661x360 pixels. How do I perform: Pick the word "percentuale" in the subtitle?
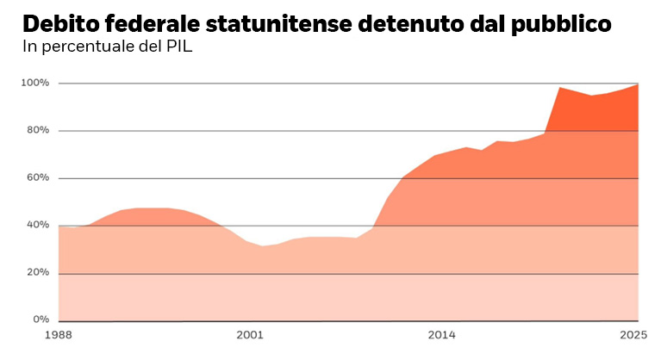pyautogui.click(x=90, y=47)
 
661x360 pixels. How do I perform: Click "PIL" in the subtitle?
pyautogui.click(x=178, y=46)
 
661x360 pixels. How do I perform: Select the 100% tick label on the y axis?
pyautogui.click(x=35, y=84)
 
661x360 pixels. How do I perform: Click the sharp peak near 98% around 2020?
pyautogui.click(x=560, y=87)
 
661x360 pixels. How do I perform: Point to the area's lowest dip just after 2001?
pyautogui.click(x=264, y=246)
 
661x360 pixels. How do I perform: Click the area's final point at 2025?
pyautogui.click(x=638, y=84)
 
